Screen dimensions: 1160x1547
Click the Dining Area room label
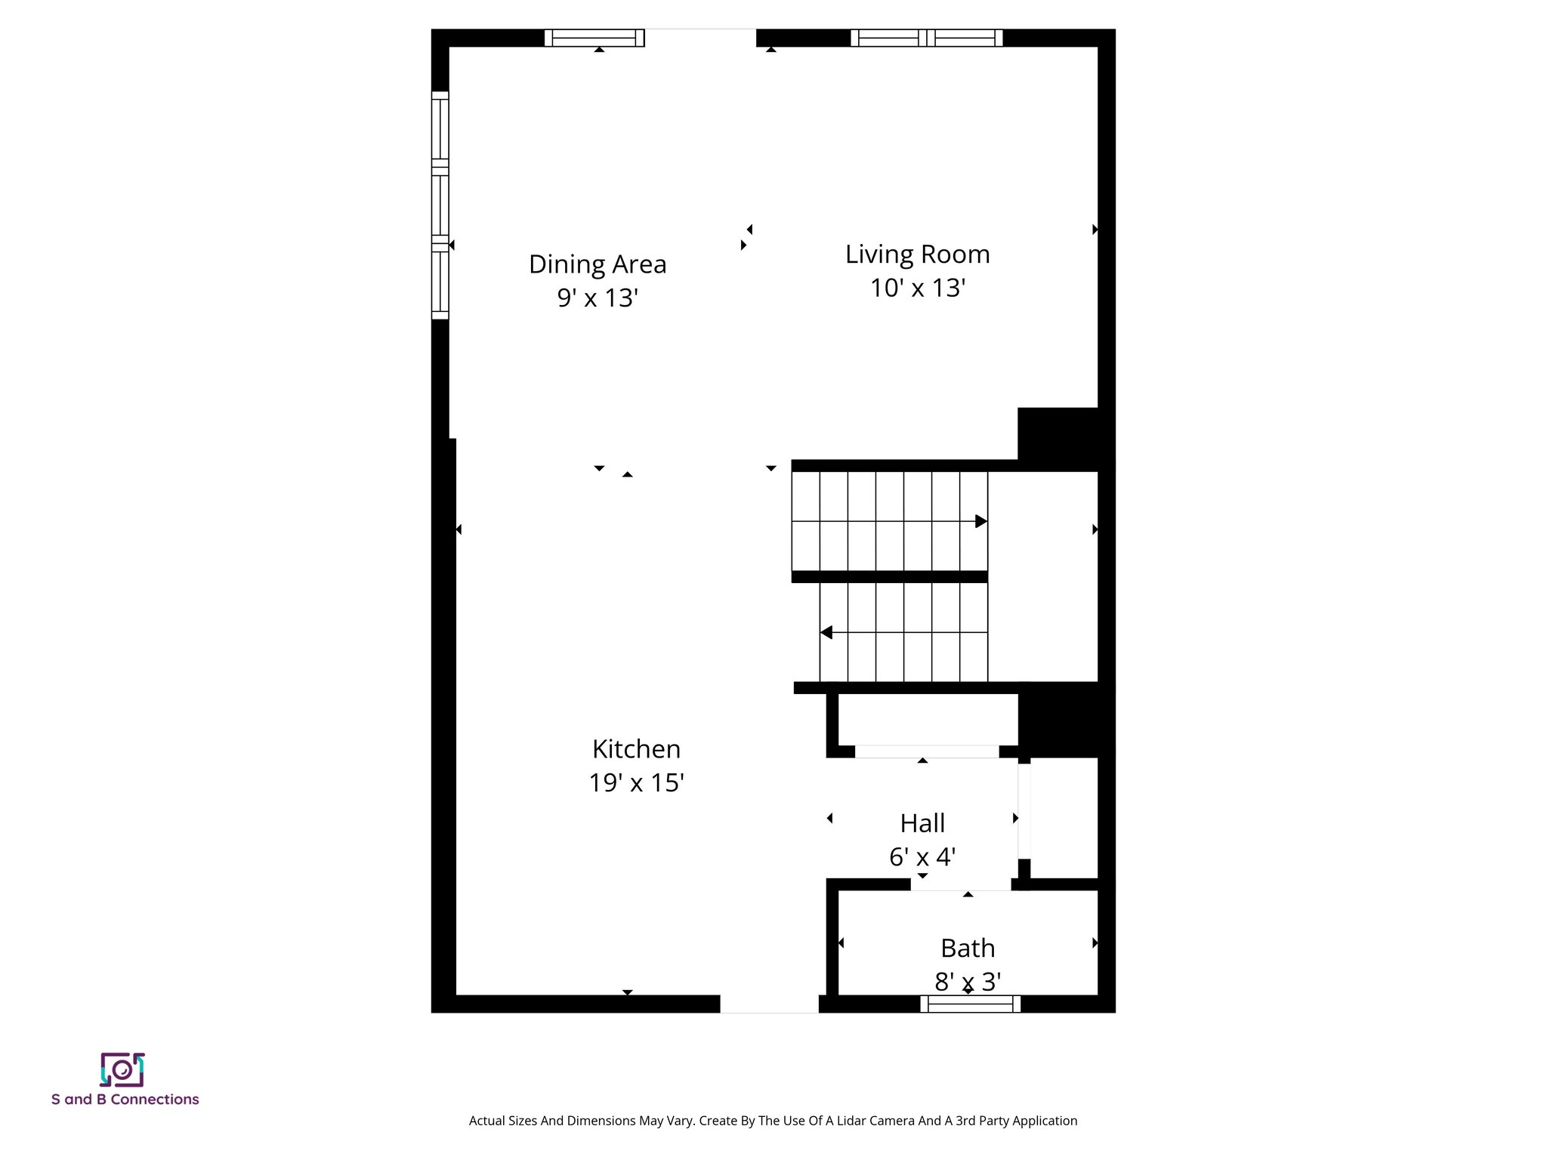(x=597, y=264)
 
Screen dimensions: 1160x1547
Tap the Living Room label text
(x=917, y=255)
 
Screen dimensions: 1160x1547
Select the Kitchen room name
(x=636, y=749)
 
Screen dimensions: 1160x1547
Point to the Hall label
(x=922, y=823)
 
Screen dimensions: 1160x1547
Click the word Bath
(x=968, y=948)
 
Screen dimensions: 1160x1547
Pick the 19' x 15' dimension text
(x=636, y=783)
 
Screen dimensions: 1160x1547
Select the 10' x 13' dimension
(x=917, y=288)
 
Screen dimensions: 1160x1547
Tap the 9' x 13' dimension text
(x=597, y=298)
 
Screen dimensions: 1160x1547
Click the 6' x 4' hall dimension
(x=922, y=857)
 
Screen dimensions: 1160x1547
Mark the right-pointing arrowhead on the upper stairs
(x=980, y=521)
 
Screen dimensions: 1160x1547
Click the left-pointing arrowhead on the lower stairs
(x=826, y=632)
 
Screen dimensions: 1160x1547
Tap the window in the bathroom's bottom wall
(x=970, y=1004)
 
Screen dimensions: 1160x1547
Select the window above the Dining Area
(x=594, y=38)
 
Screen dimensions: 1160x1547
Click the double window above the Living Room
(x=927, y=38)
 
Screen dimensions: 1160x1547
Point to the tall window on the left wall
(x=440, y=205)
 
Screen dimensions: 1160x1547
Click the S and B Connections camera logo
(x=122, y=1070)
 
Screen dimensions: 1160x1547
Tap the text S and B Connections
(x=125, y=1100)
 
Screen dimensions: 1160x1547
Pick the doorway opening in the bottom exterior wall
(x=769, y=1004)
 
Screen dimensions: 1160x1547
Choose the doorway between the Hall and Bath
(x=960, y=884)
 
